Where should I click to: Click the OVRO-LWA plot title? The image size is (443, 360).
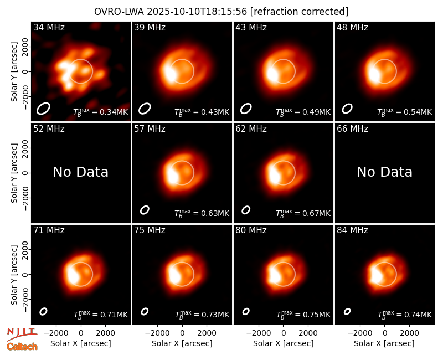[221, 12]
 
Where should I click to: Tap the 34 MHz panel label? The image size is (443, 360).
[49, 27]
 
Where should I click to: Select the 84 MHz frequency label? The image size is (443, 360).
[352, 230]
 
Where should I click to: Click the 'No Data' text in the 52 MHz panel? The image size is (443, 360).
[81, 172]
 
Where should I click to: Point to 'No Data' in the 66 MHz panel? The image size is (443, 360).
[384, 172]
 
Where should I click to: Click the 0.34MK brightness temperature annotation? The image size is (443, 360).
[101, 112]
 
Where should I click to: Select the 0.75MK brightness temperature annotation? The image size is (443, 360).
[303, 314]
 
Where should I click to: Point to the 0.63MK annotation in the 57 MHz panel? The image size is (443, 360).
[202, 213]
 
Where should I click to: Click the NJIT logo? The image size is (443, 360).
[22, 334]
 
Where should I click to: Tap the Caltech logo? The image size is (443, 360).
[22, 347]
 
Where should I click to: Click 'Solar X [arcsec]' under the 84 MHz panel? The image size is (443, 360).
[384, 343]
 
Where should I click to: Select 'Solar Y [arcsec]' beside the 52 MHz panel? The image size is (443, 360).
[14, 173]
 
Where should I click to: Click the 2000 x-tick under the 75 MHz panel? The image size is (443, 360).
[207, 333]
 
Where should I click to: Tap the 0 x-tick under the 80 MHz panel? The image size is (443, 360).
[284, 333]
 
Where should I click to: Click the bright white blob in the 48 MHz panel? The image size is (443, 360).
[374, 73]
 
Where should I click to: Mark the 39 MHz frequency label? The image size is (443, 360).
[150, 27]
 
